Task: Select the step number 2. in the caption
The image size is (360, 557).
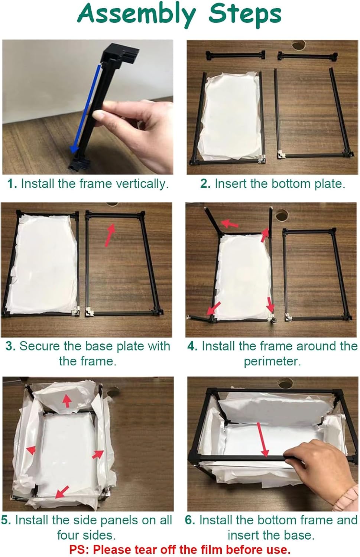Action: [205, 184]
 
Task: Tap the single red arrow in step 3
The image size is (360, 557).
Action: [110, 234]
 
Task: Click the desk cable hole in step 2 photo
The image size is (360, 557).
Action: [299, 45]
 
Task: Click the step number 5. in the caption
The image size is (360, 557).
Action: [6, 520]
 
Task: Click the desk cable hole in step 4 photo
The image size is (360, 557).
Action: [282, 214]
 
